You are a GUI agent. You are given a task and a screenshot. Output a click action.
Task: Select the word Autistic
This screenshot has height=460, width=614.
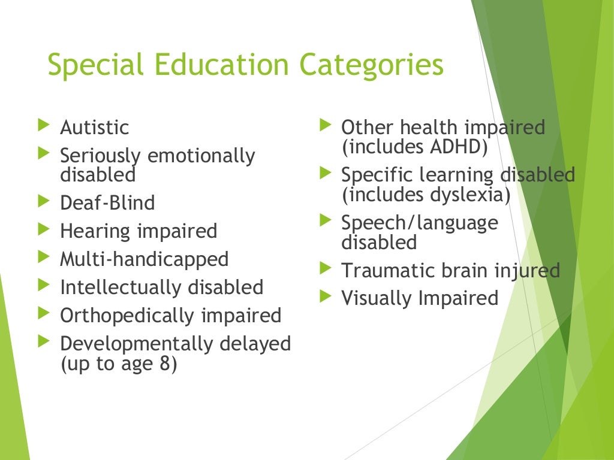[94, 128]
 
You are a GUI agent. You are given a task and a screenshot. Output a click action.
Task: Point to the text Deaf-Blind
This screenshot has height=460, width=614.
[107, 203]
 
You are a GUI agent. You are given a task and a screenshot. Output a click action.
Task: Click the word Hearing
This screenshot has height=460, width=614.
[96, 232]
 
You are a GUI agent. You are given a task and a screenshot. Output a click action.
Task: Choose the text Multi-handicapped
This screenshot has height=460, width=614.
[144, 259]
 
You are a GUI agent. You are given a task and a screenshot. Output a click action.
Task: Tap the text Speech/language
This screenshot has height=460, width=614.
[419, 223]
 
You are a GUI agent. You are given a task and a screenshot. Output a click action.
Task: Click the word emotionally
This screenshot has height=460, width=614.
[201, 156]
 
